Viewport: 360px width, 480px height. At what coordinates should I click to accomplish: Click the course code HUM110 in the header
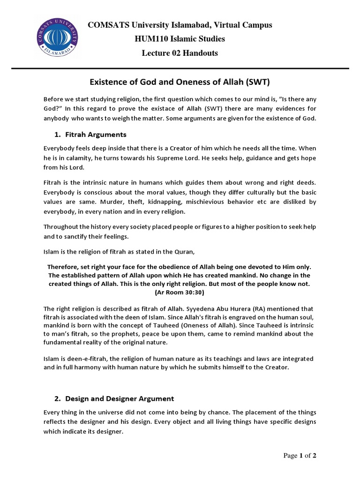tap(149, 39)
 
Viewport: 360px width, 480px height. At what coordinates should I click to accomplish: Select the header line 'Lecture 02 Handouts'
tap(180, 53)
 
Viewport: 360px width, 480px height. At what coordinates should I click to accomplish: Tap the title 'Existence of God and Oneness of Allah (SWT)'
tap(180, 82)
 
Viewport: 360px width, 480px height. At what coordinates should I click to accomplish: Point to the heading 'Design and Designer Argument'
tap(120, 398)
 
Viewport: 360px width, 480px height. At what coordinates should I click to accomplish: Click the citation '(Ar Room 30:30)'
tap(180, 292)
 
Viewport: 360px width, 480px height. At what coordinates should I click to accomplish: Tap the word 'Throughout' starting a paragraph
tap(62, 227)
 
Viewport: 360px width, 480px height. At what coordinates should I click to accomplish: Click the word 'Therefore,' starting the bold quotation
tap(63, 267)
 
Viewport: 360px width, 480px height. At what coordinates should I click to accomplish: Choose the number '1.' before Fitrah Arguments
tap(58, 135)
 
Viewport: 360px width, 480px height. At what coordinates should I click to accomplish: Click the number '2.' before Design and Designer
tap(58, 398)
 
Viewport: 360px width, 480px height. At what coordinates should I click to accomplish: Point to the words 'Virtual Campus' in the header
tap(247, 25)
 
